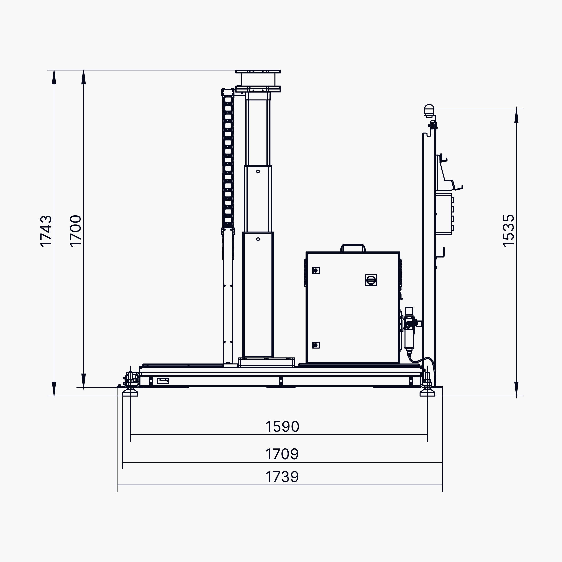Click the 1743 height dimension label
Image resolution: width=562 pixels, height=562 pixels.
pyautogui.click(x=46, y=231)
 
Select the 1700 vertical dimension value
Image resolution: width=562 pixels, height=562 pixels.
pyautogui.click(x=76, y=231)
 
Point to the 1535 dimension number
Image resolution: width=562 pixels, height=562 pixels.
pyautogui.click(x=508, y=231)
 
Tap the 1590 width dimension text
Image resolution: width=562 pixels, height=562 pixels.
pyautogui.click(x=282, y=426)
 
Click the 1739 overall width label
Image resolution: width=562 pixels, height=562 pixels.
pyautogui.click(x=282, y=477)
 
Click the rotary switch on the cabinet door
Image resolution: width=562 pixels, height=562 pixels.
pyautogui.click(x=371, y=280)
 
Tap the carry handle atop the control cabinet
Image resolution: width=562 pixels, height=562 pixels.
pyautogui.click(x=353, y=247)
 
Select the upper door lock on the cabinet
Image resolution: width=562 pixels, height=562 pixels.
pyautogui.click(x=316, y=270)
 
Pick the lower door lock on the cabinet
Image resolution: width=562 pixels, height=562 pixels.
pyautogui.click(x=316, y=345)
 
